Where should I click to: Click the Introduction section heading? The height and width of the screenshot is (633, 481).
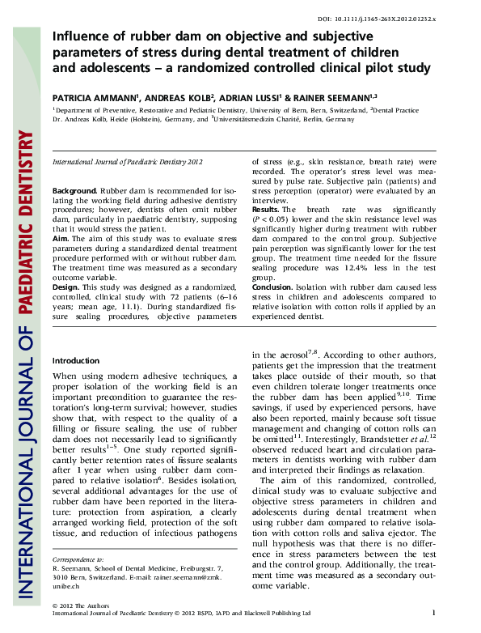[75, 360]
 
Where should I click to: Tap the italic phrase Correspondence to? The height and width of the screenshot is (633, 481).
[78, 559]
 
